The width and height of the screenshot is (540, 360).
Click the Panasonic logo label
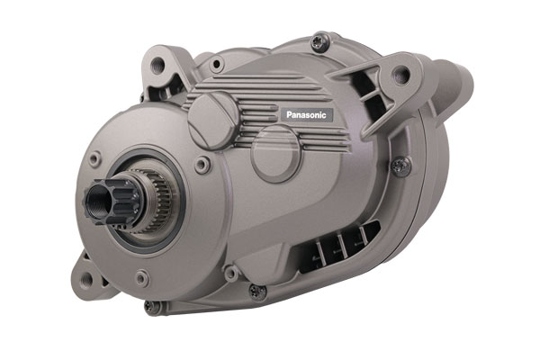tap(307, 114)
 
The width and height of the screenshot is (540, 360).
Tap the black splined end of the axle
tap(110, 202)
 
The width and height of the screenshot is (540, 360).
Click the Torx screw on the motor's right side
tap(400, 166)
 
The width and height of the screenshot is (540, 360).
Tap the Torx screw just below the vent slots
tap(257, 292)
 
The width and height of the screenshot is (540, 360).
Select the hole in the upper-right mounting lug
tap(401, 73)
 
